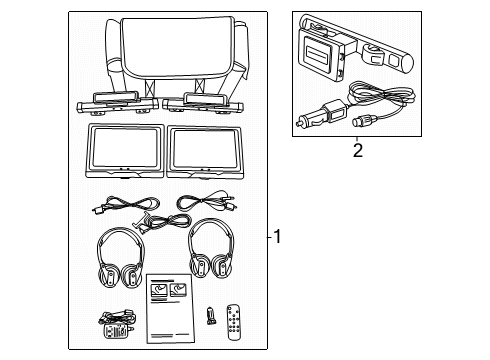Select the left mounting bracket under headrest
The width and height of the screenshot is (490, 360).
pyautogui.click(x=111, y=102)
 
